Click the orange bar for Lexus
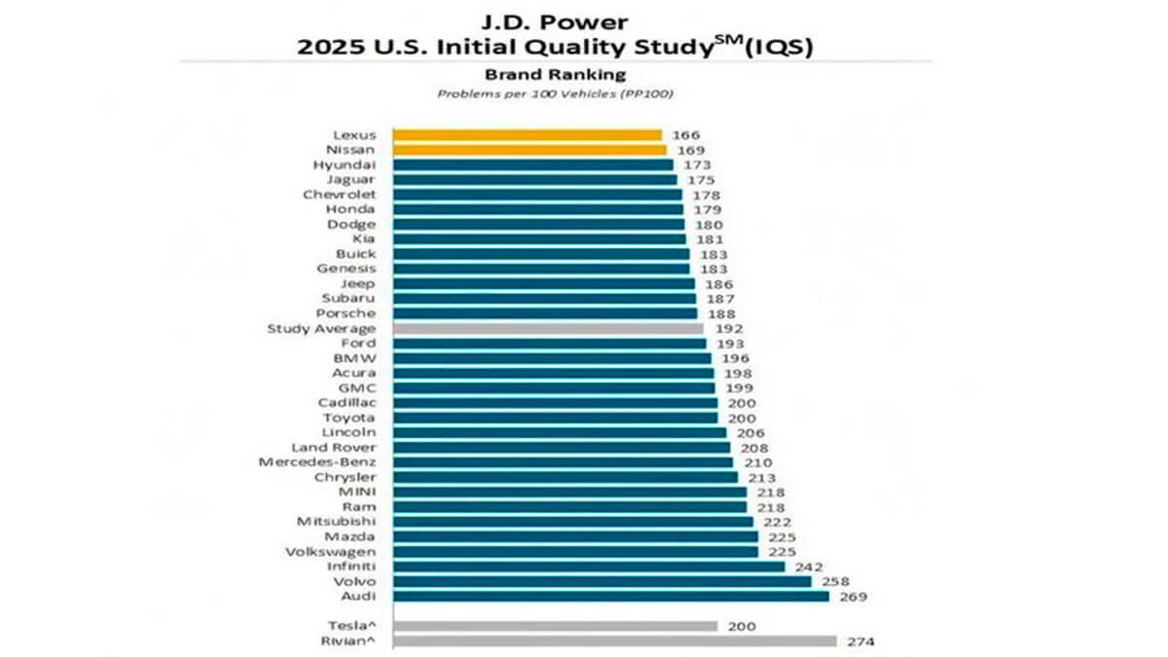point(527,135)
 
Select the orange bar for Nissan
point(529,150)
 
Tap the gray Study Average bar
point(548,329)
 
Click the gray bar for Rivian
point(614,640)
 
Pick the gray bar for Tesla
point(555,626)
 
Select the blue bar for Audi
point(610,596)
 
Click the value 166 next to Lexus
point(685,135)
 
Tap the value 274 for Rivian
point(860,640)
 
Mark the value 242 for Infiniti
point(808,566)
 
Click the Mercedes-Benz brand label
point(316,462)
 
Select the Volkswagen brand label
point(332,551)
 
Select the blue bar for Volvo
point(602,581)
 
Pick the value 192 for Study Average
point(728,329)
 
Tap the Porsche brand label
point(346,313)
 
